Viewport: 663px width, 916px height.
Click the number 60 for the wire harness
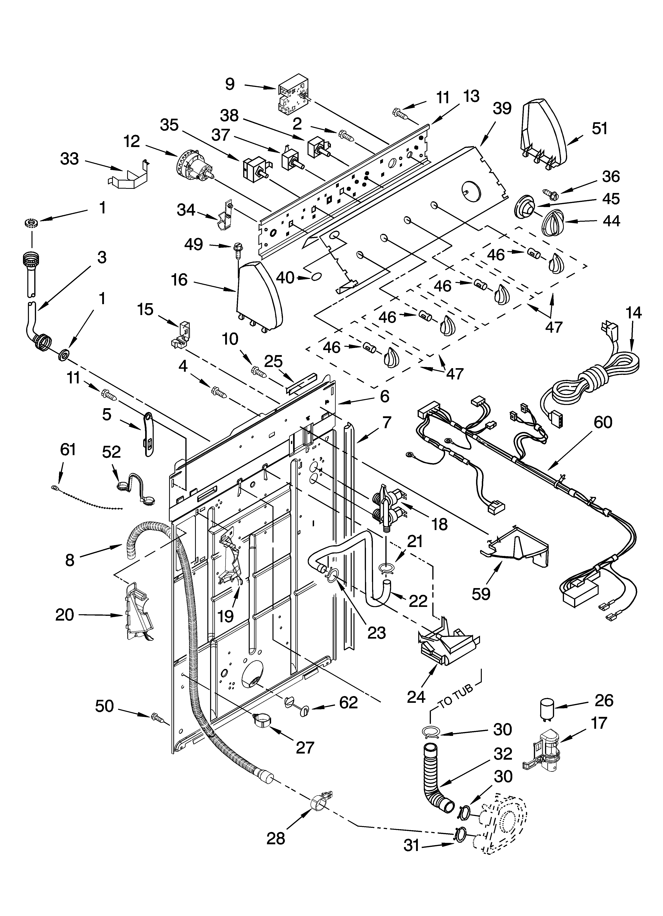[x=603, y=422]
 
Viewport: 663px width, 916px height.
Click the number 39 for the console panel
[x=502, y=109]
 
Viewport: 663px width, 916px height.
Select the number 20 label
[x=65, y=615]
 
